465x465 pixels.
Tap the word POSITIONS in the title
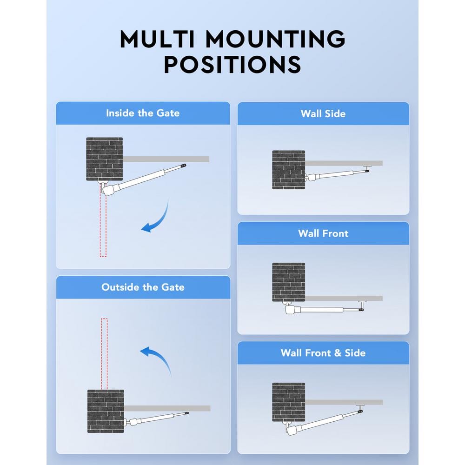click(232, 65)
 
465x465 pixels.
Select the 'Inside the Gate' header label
click(143, 113)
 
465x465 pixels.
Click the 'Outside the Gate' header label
click(143, 287)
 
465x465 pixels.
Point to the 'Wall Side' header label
click(323, 113)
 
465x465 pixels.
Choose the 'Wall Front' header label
click(323, 233)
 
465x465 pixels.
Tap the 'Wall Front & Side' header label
click(323, 353)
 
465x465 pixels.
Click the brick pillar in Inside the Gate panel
click(105, 159)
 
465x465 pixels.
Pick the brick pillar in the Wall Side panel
click(288, 169)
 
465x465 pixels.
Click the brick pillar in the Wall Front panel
click(288, 282)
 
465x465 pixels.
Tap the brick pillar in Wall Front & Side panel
click(288, 402)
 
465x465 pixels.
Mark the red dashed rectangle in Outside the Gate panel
click(104, 353)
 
